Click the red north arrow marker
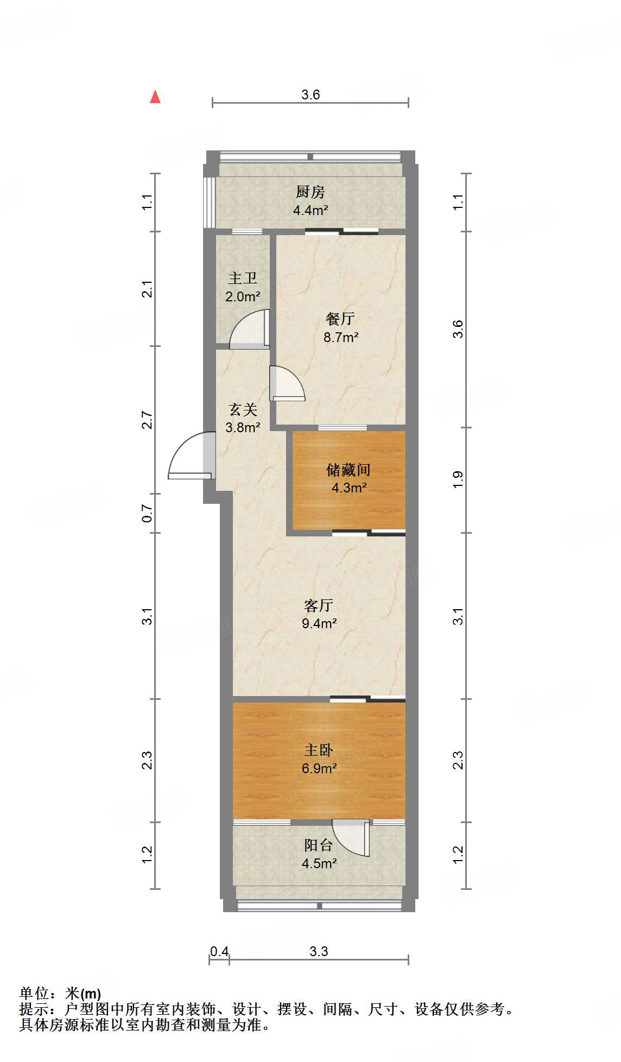pyautogui.click(x=155, y=97)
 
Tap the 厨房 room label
pyautogui.click(x=310, y=192)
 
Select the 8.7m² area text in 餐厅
pyautogui.click(x=341, y=337)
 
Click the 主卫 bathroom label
pyautogui.click(x=242, y=278)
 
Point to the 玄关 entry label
pyautogui.click(x=243, y=409)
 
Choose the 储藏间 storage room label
pyautogui.click(x=348, y=469)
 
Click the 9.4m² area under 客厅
pyautogui.click(x=319, y=623)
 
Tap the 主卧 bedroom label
pyautogui.click(x=319, y=750)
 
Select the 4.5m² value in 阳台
pyautogui.click(x=319, y=863)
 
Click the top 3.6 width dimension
pyautogui.click(x=310, y=95)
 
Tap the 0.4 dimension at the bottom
pyautogui.click(x=219, y=951)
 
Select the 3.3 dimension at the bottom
pyautogui.click(x=319, y=951)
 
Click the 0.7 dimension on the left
pyautogui.click(x=147, y=513)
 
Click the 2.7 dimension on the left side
pyautogui.click(x=147, y=420)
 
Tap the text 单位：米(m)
pyautogui.click(x=60, y=994)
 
